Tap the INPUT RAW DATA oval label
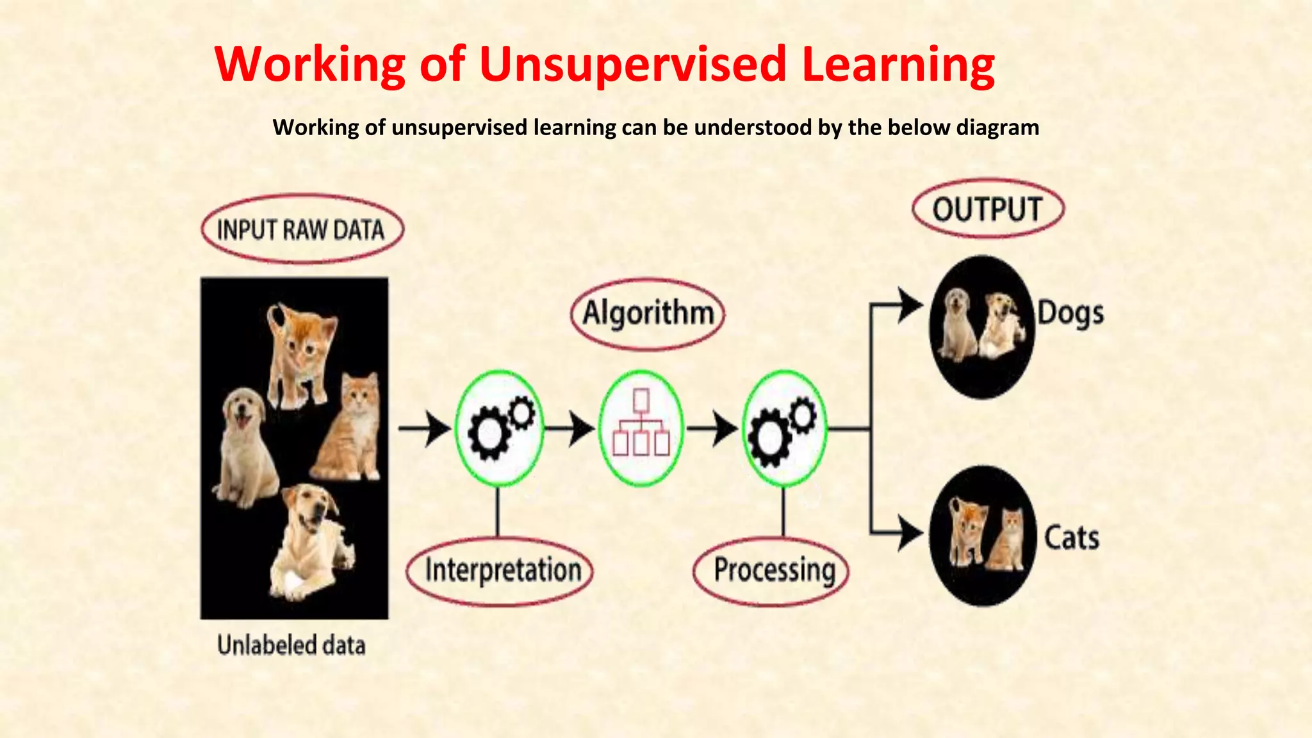(x=302, y=229)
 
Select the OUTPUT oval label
(x=987, y=209)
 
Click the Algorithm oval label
(x=648, y=313)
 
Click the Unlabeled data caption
(x=291, y=645)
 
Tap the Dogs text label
(x=1070, y=313)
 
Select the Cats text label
(x=1071, y=537)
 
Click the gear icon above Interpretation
(x=499, y=428)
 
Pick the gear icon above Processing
(x=784, y=428)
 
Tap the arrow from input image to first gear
(x=425, y=428)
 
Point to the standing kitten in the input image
(x=300, y=352)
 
